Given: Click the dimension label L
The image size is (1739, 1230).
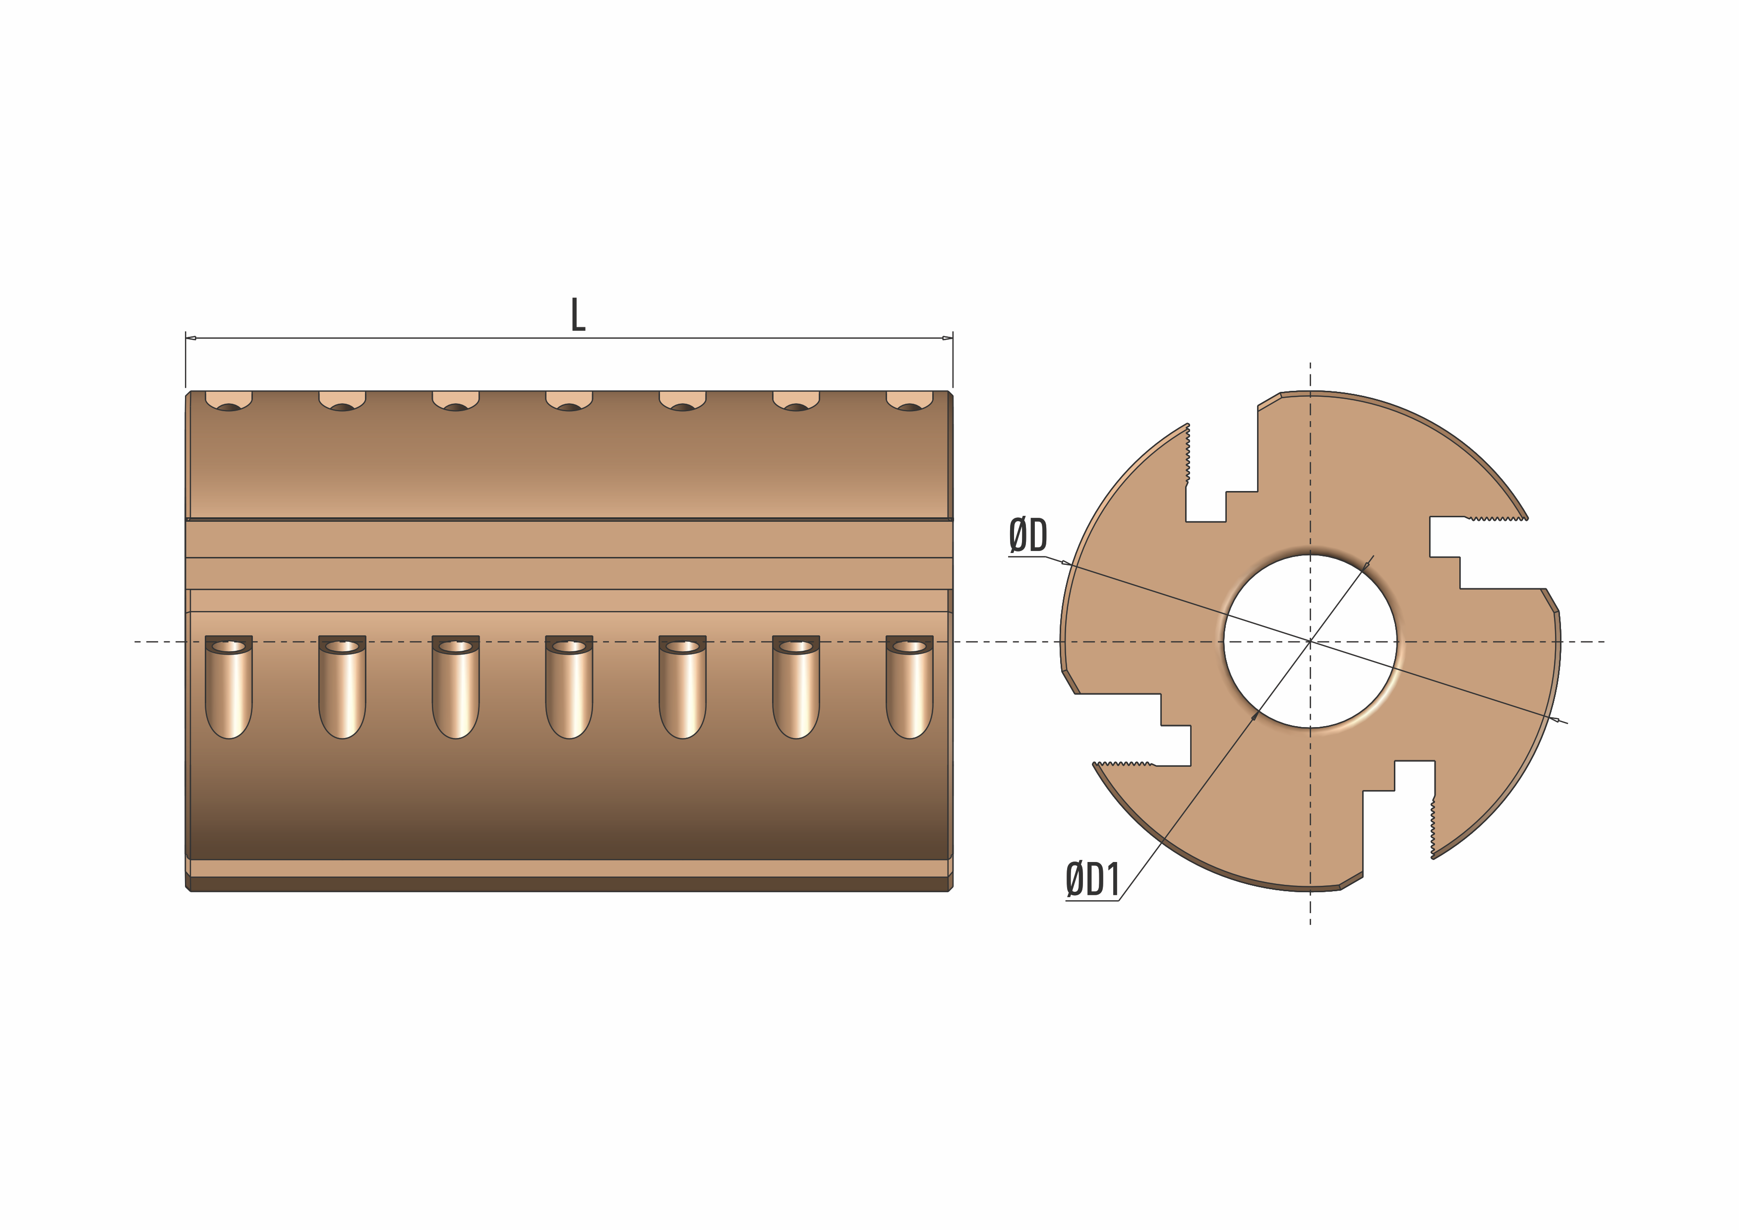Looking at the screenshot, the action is (x=578, y=314).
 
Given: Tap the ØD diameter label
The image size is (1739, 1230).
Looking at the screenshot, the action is (x=1028, y=536).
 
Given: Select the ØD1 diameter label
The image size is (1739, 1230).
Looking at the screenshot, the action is (x=1092, y=880).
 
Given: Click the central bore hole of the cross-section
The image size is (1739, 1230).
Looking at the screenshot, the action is (x=1310, y=641).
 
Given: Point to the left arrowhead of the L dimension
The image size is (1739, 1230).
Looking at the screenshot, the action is (x=191, y=338).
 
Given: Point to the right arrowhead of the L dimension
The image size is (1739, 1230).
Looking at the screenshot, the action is (x=948, y=338).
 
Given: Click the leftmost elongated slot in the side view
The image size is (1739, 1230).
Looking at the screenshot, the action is (x=229, y=687).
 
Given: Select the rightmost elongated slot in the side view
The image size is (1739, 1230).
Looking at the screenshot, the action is (x=909, y=687).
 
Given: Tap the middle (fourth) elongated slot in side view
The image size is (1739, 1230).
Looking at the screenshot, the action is (x=569, y=687).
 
